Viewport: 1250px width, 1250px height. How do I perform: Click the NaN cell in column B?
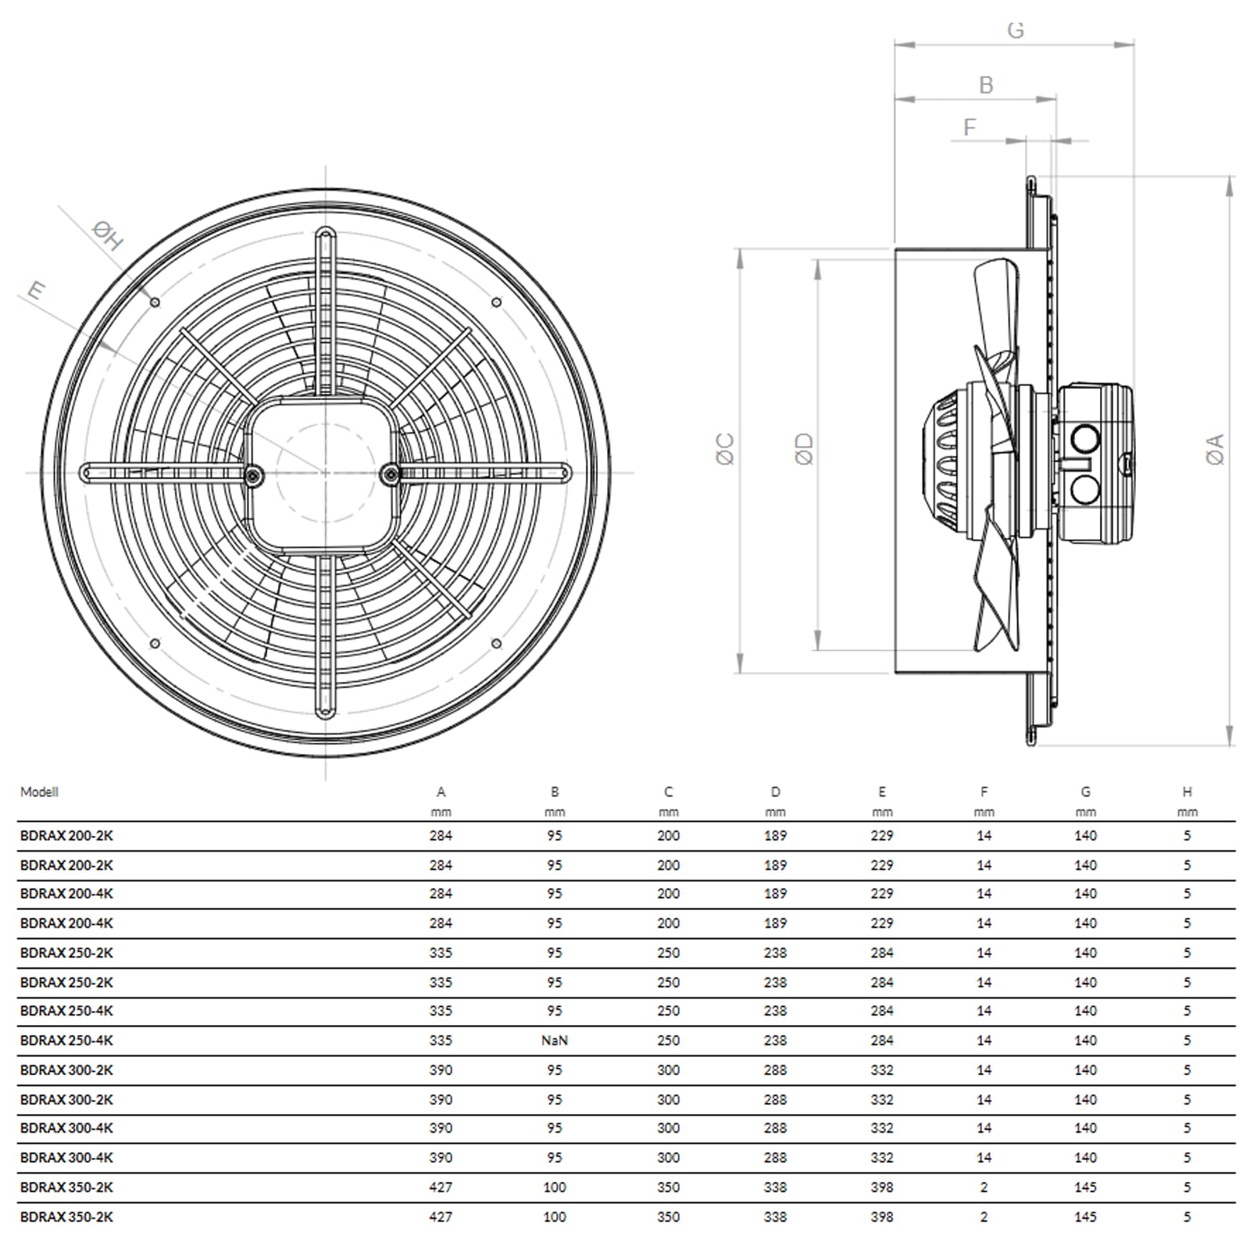(554, 1040)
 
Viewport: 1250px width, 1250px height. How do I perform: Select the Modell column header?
(39, 791)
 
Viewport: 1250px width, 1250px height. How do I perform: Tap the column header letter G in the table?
(1085, 791)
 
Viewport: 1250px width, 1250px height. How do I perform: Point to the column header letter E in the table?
(882, 791)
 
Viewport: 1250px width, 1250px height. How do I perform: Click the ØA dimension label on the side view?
(1215, 449)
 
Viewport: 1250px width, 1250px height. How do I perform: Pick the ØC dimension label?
(726, 449)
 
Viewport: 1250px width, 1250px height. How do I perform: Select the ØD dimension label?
(804, 449)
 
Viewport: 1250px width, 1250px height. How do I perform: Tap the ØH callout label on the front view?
(107, 234)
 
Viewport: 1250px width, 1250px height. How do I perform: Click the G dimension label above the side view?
(1016, 30)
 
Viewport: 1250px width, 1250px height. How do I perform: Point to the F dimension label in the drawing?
(970, 127)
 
